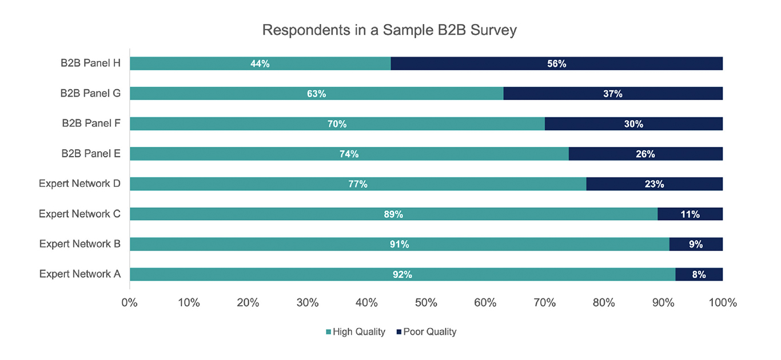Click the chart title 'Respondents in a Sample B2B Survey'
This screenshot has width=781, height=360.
click(389, 30)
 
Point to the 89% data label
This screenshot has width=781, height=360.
click(393, 214)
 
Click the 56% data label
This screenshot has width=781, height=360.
click(556, 63)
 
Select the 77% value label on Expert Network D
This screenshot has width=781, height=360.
click(358, 184)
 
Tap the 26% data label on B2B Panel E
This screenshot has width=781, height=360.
click(645, 154)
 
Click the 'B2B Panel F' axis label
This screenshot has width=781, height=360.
click(91, 123)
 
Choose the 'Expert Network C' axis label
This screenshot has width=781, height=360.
click(79, 214)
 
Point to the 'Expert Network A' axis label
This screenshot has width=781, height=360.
click(79, 274)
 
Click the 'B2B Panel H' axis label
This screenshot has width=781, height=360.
click(90, 63)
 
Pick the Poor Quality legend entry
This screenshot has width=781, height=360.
click(426, 332)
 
